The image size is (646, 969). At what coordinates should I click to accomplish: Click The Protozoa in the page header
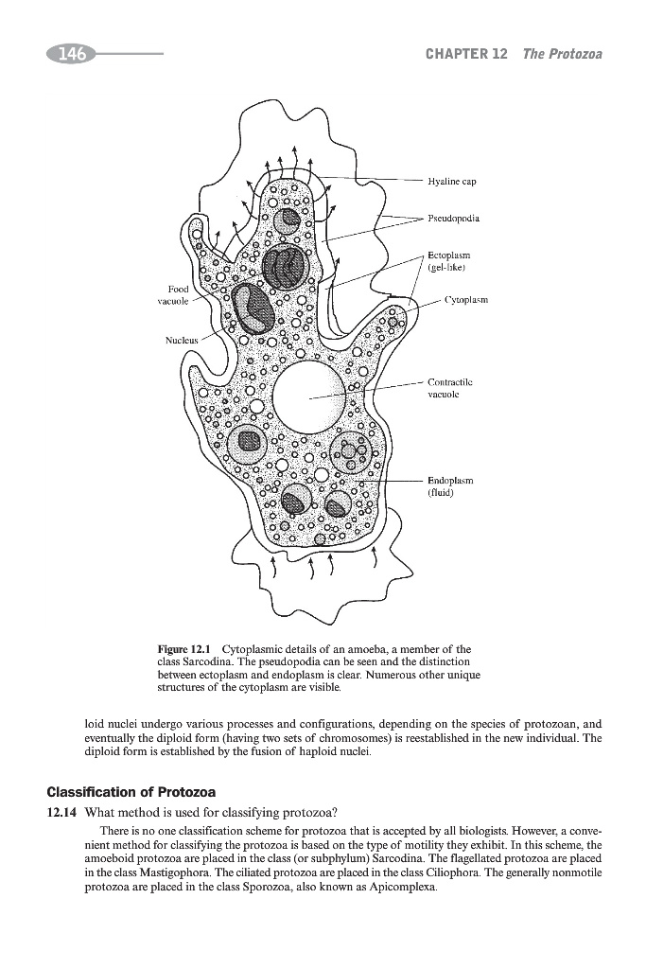tap(563, 55)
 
